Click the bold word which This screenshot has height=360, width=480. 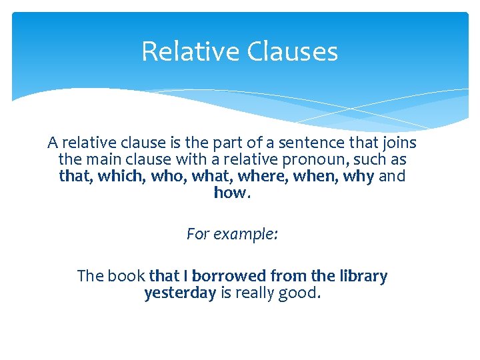(110, 177)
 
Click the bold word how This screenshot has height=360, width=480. (230, 193)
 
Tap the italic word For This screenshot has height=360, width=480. (197, 235)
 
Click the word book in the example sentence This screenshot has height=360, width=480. (126, 276)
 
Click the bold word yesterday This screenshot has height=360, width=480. (180, 293)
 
